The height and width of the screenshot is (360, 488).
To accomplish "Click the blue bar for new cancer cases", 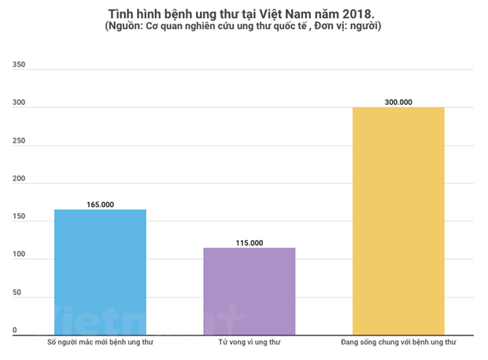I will [x=100, y=273].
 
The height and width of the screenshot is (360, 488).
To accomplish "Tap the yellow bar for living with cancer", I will [x=398, y=221].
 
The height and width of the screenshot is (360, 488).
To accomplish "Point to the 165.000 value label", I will [x=100, y=205].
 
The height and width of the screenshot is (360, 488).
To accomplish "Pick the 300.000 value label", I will [x=398, y=102].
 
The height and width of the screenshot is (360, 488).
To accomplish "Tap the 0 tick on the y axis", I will [x=15, y=330].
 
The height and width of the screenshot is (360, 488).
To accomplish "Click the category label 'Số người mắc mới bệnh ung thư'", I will [x=99, y=343].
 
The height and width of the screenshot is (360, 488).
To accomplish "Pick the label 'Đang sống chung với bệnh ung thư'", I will [x=398, y=343].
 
